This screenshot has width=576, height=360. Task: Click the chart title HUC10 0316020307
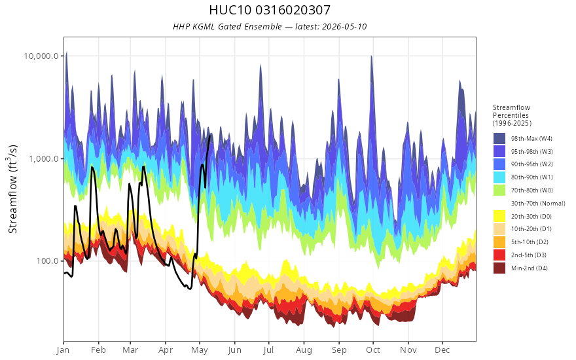(270, 10)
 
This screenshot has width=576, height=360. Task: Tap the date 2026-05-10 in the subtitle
(344, 27)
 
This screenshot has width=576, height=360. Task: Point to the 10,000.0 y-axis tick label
(41, 56)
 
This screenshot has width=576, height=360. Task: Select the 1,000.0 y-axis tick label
(44, 158)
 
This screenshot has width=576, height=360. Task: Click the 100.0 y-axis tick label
(47, 261)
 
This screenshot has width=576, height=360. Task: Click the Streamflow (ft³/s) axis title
(12, 189)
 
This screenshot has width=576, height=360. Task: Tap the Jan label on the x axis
(63, 350)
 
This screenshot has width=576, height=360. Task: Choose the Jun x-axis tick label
(234, 350)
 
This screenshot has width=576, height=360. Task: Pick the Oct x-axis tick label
(373, 350)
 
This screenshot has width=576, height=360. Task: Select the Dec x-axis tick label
(442, 350)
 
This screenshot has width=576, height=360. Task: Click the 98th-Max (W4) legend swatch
(499, 139)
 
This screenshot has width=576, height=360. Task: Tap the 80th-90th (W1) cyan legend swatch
(499, 177)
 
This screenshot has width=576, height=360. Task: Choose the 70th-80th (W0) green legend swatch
(499, 190)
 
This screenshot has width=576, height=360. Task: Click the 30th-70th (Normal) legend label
(538, 203)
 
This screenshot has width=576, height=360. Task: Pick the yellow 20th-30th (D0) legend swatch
(499, 216)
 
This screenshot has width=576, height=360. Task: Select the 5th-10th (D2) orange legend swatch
(499, 242)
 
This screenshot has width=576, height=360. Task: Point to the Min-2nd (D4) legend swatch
(499, 268)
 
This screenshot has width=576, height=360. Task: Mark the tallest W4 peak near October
(371, 56)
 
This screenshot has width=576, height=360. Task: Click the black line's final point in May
(209, 136)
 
